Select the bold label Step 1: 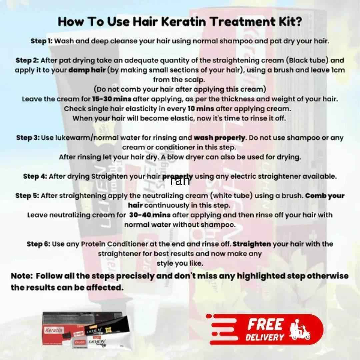(42, 41)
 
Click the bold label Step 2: (27, 61)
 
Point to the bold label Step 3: (28, 138)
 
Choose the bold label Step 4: (35, 177)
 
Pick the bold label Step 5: (27, 196)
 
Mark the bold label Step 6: (38, 244)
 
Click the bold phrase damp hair (87, 70)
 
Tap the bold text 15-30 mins (112, 99)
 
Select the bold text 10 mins (201, 109)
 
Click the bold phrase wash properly (220, 138)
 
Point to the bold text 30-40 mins (150, 215)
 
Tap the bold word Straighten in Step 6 (252, 244)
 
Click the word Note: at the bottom (22, 276)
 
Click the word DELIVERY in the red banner (265, 337)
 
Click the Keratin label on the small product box (54, 330)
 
